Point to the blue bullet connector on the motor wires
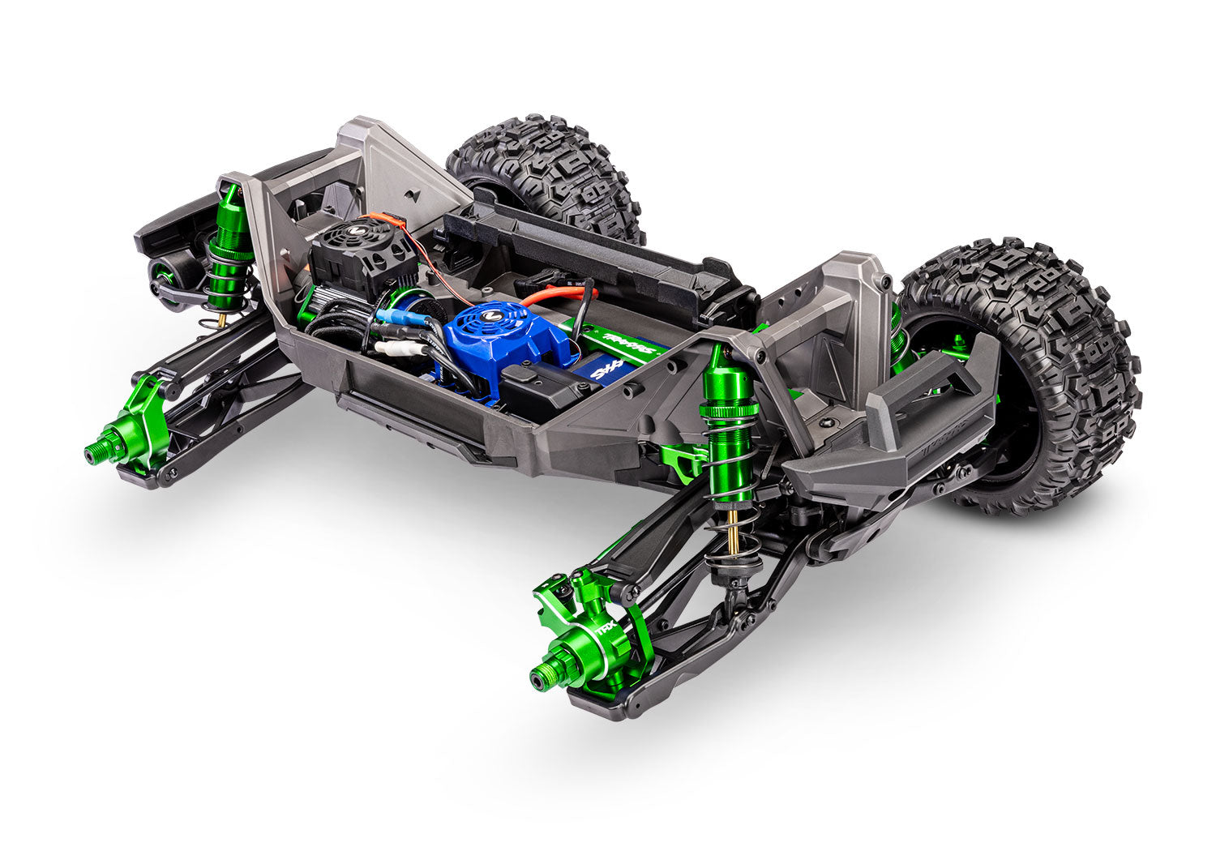click(397, 317)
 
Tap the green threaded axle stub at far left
click(94, 454)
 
